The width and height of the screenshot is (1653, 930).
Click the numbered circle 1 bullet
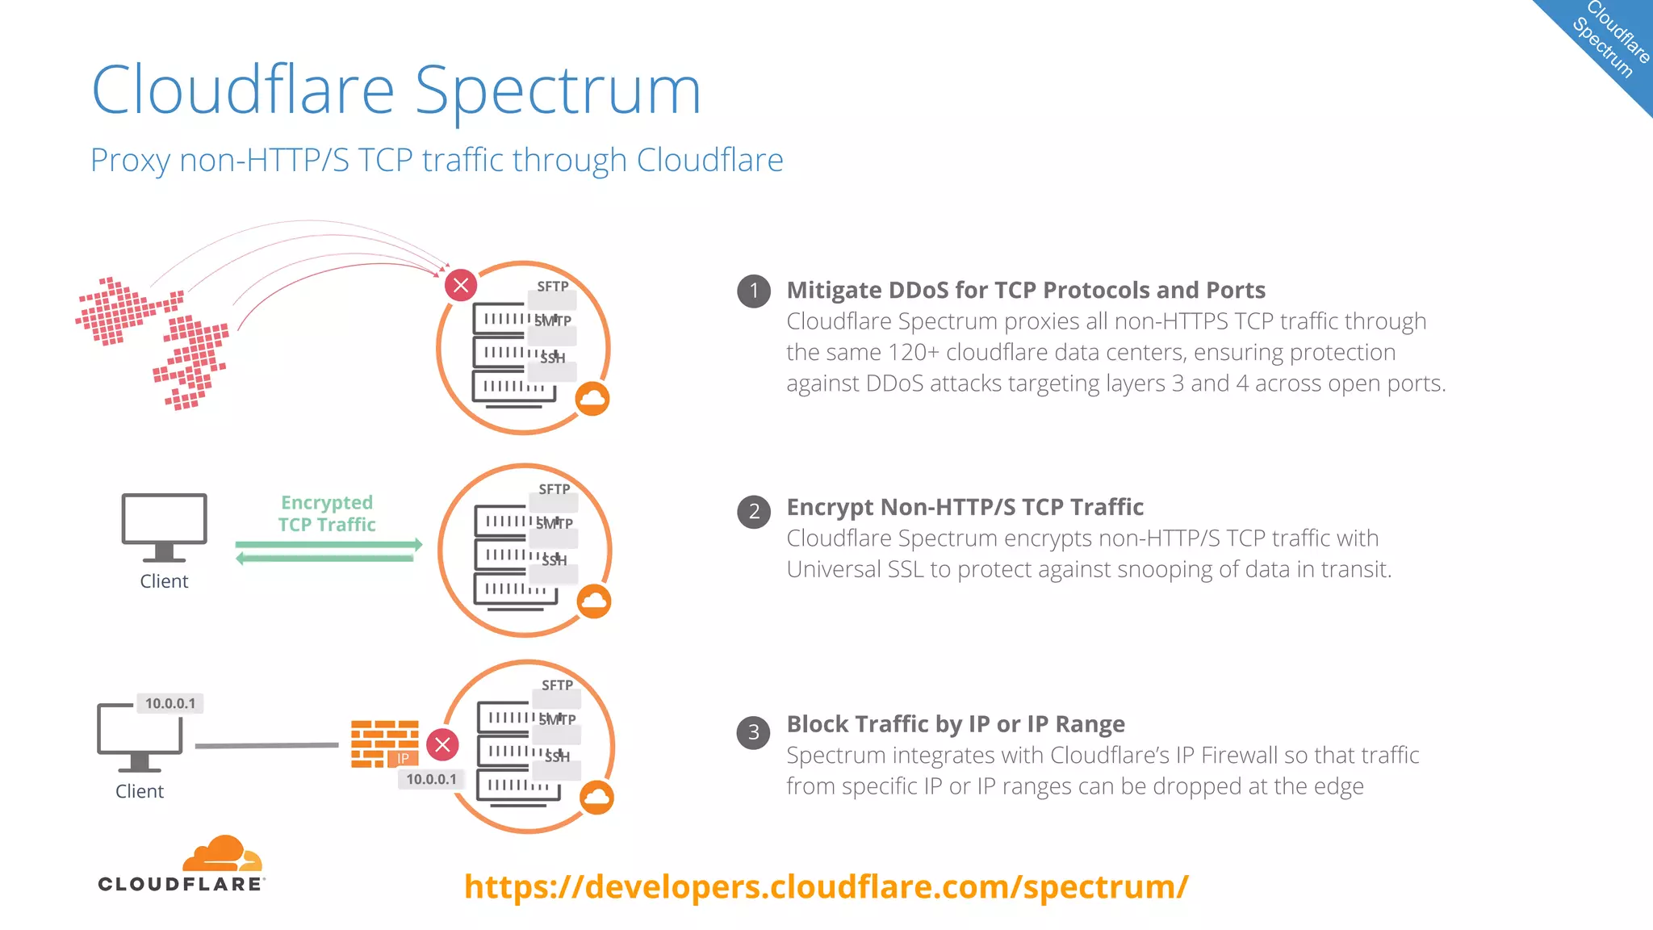click(754, 291)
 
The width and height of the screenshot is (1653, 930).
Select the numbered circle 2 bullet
click(754, 511)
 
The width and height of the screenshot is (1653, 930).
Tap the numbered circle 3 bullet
click(754, 732)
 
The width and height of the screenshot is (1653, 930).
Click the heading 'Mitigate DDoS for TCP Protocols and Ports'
click(1026, 290)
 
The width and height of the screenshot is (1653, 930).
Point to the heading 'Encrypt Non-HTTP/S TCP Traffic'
click(965, 507)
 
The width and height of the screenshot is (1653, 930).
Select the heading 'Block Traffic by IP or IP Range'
click(956, 724)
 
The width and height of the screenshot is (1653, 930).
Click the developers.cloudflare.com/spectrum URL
click(826, 886)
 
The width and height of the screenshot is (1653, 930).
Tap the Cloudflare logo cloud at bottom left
click(220, 854)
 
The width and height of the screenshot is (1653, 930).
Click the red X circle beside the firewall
click(443, 744)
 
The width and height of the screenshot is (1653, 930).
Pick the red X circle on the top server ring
click(461, 285)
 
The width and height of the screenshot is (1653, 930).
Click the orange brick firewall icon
click(384, 743)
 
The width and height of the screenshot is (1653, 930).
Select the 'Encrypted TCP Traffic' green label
click(327, 513)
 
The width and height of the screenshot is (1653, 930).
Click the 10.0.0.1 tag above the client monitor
click(170, 703)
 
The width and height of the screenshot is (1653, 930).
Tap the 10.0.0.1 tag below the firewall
click(431, 779)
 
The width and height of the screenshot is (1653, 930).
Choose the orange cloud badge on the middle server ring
click(595, 601)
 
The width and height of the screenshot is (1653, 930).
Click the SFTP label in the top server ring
click(553, 287)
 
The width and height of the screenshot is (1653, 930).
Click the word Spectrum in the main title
click(558, 90)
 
